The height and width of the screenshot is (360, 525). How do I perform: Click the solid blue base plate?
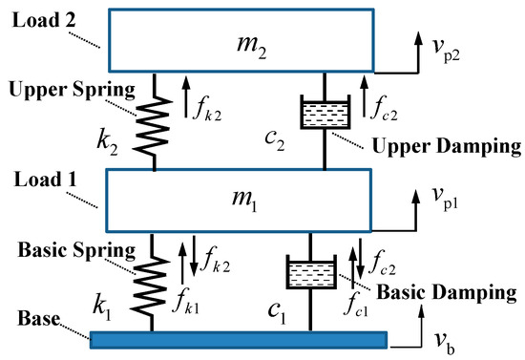tap(239, 340)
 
